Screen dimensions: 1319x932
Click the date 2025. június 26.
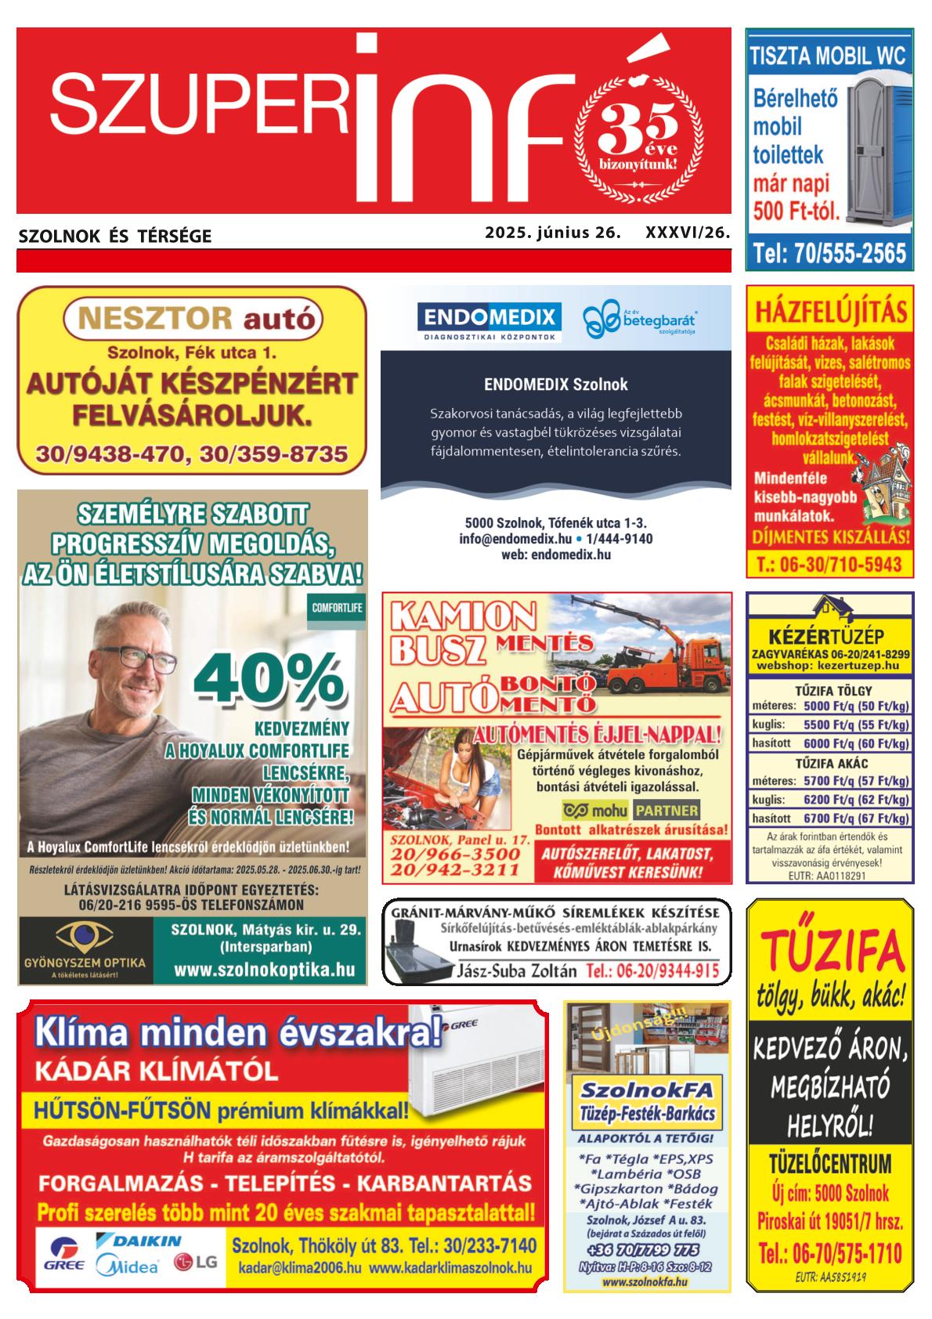(552, 233)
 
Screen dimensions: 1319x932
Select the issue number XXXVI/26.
(687, 233)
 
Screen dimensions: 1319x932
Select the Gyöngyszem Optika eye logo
(85, 936)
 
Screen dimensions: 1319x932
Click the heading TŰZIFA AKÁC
(831, 763)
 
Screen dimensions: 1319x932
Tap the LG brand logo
(195, 1263)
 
